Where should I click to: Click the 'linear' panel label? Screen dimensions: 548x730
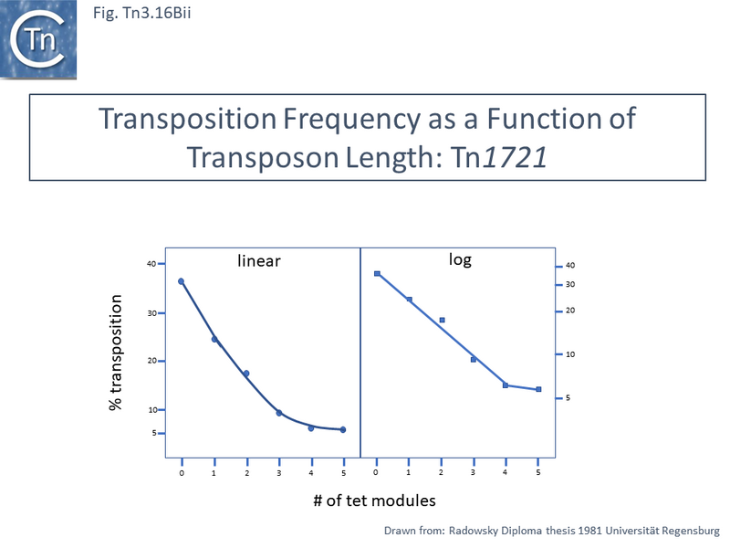tap(258, 261)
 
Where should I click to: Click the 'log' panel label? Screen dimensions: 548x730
tap(460, 260)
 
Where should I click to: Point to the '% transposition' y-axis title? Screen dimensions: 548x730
tap(116, 352)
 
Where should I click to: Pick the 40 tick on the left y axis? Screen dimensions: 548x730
tap(151, 264)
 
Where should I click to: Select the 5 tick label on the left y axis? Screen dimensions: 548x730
tap(152, 433)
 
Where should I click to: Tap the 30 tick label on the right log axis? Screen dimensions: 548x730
tap(570, 285)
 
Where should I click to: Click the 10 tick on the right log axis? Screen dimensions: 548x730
tap(570, 354)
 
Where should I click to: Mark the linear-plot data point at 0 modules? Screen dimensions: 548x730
tap(182, 281)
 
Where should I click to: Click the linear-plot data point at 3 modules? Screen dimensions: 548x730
tap(279, 413)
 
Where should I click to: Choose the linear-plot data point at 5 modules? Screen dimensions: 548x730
tap(343, 429)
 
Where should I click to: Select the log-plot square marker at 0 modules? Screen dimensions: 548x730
tap(377, 274)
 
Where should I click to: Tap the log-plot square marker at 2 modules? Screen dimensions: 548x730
tap(442, 321)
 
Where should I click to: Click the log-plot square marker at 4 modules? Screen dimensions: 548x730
tap(506, 385)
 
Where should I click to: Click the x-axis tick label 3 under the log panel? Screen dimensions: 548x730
tap(473, 472)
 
